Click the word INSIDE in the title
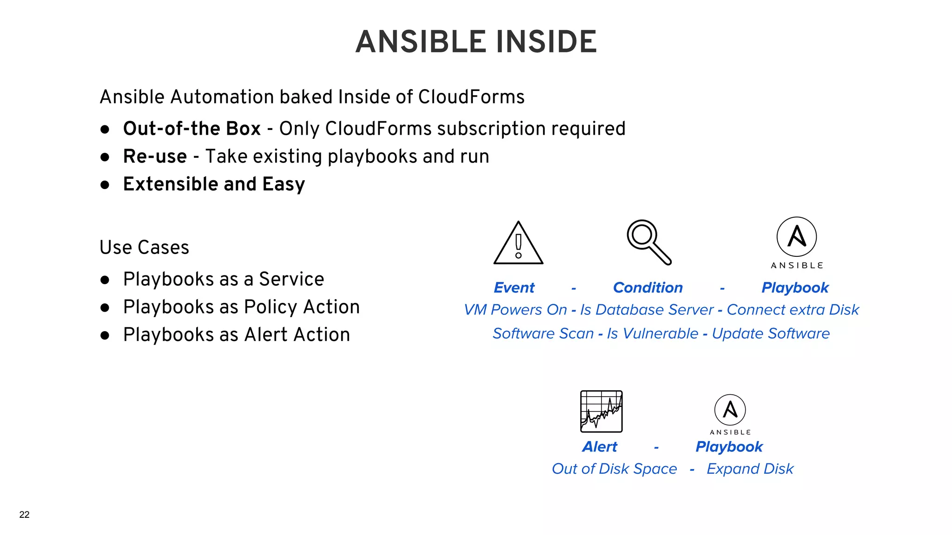[x=546, y=42]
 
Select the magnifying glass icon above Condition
[x=648, y=242]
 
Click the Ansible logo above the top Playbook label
[x=797, y=237]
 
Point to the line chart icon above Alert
[x=601, y=411]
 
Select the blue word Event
[x=514, y=287]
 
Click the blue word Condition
[x=648, y=287]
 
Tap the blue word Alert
[x=599, y=447]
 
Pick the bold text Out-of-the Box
[x=192, y=129]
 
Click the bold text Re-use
[x=155, y=157]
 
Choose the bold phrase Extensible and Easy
[x=214, y=184]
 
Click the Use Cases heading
[x=144, y=248]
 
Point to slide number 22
[x=24, y=515]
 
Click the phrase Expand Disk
[x=750, y=469]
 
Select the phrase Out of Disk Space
[x=614, y=469]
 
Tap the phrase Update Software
[x=771, y=333]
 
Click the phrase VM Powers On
[x=515, y=310]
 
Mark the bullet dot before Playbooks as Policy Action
[x=105, y=307]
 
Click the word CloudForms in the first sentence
[x=471, y=97]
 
